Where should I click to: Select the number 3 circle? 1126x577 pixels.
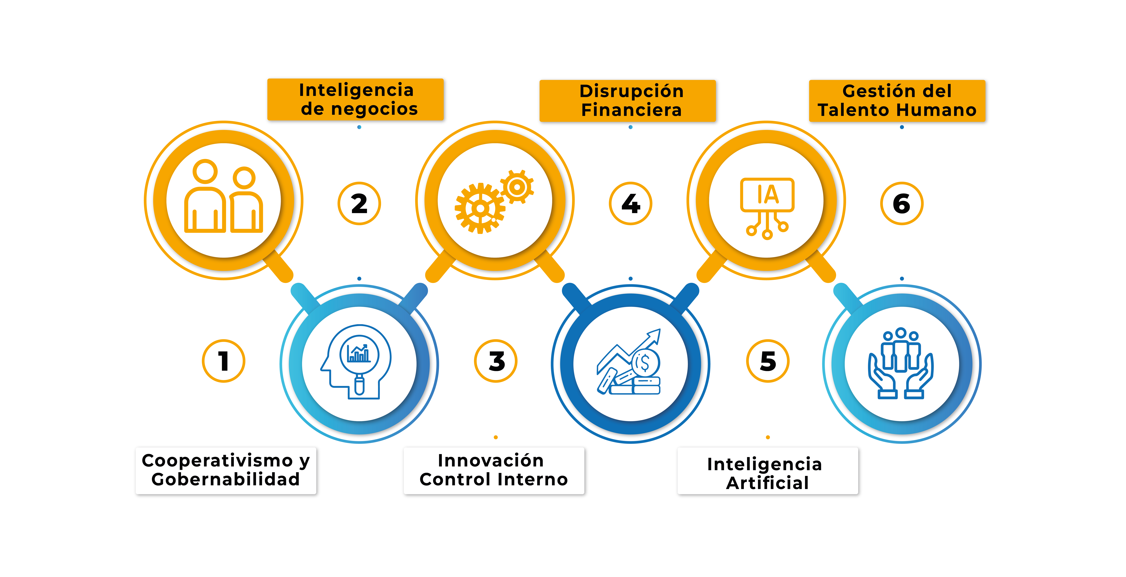496,361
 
